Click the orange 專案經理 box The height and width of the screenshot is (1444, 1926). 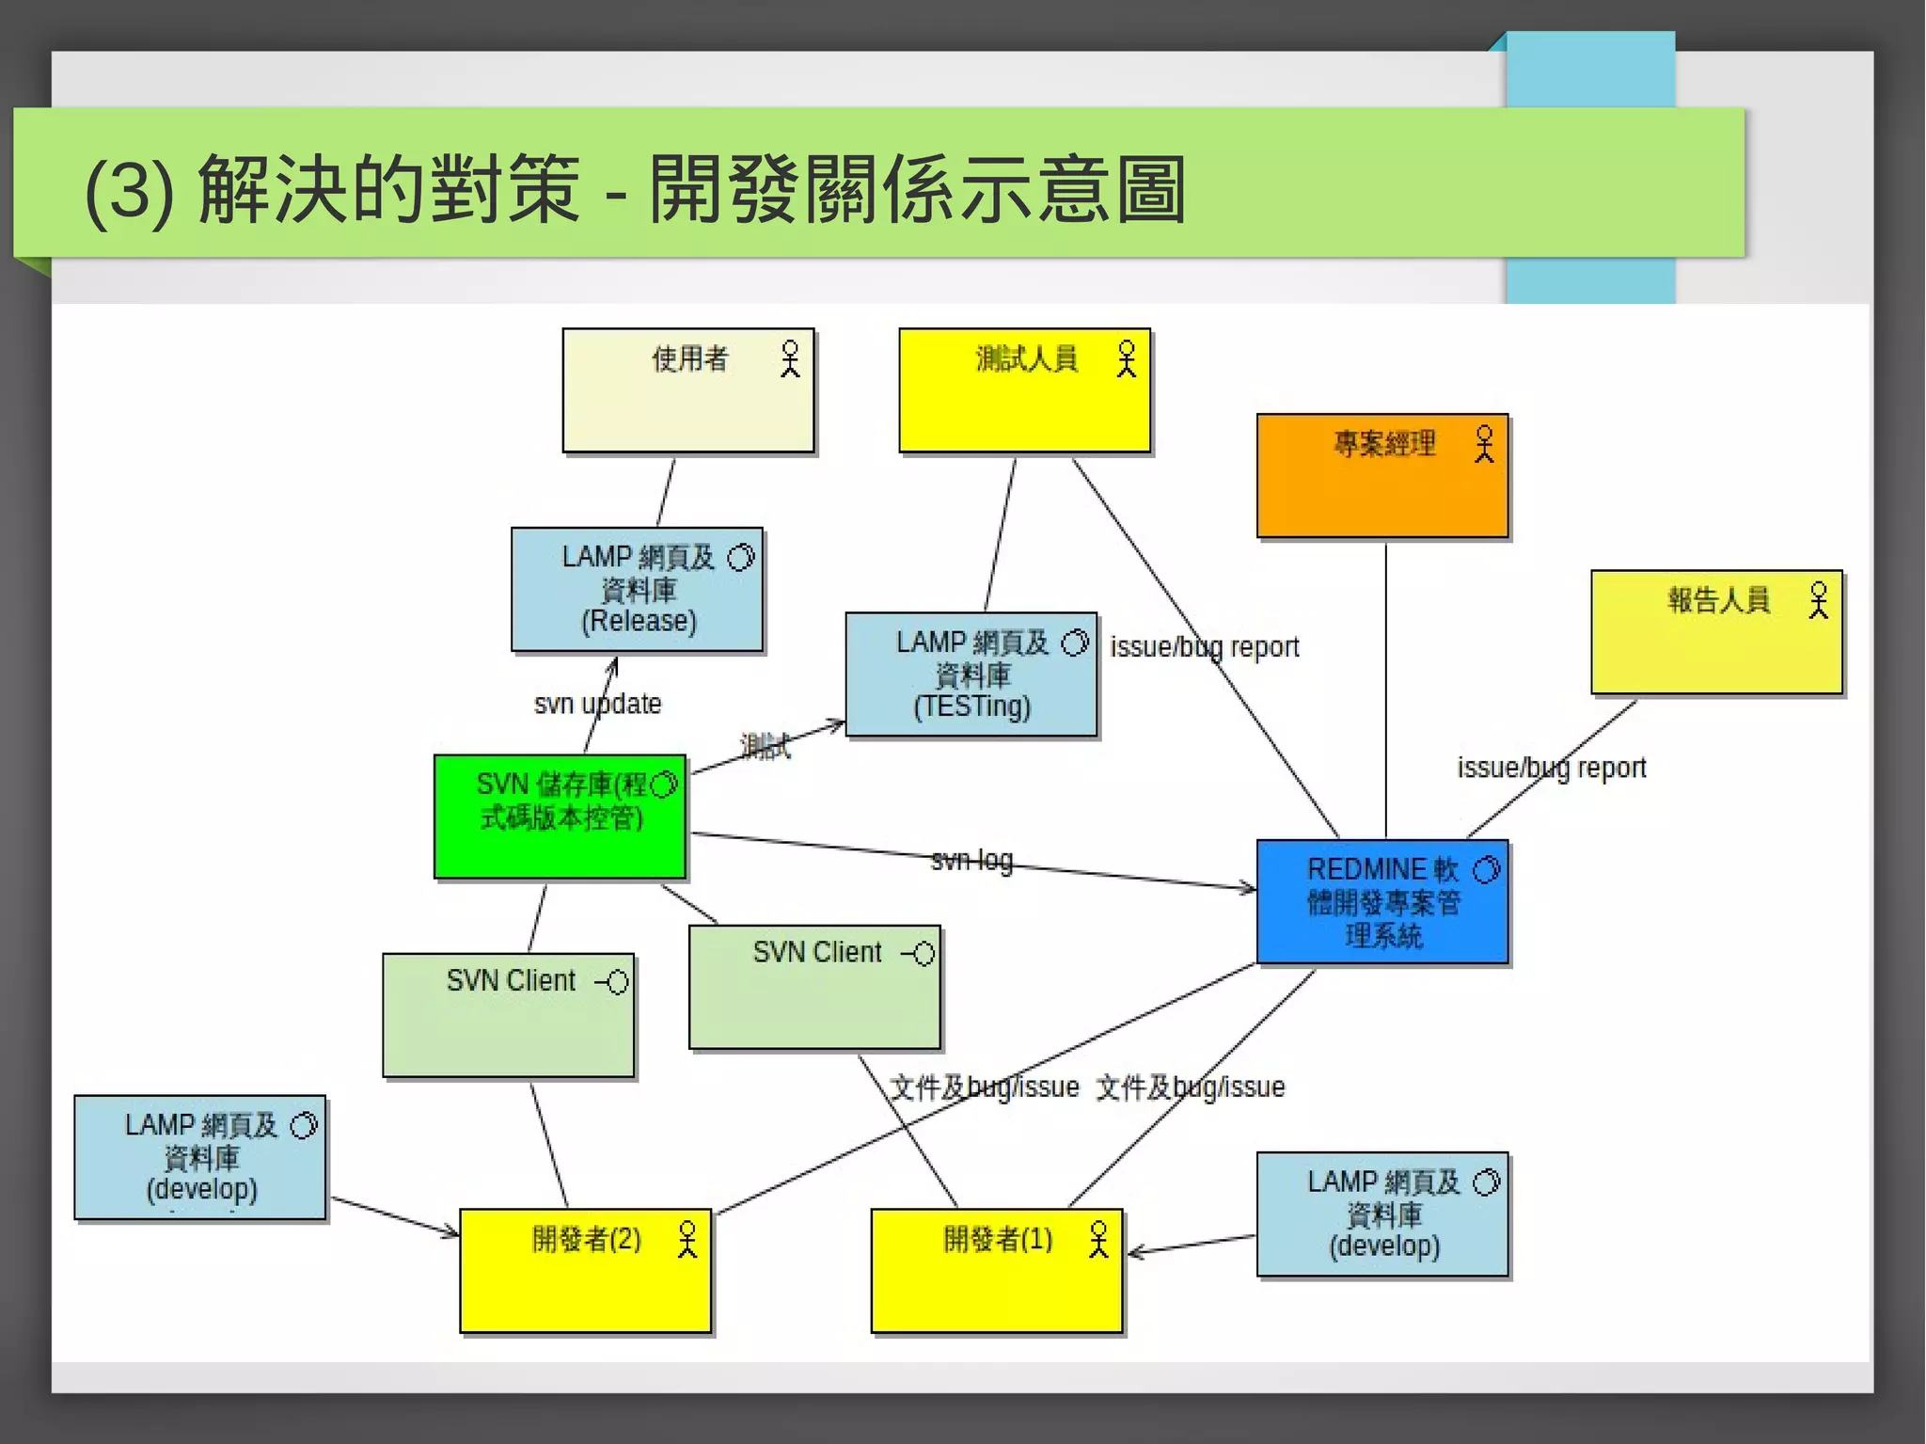tap(1381, 476)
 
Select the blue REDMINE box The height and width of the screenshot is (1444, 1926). tap(1381, 901)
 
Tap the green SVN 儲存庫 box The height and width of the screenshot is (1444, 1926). tap(560, 816)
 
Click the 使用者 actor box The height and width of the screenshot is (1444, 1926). tap(687, 390)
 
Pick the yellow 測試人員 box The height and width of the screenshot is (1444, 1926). tap(1024, 390)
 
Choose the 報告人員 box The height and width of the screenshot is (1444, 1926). tap(1716, 632)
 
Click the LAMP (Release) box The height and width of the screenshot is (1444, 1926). tap(637, 589)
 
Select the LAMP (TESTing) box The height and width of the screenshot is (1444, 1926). tap(971, 674)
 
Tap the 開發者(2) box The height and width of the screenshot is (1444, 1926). tap(585, 1270)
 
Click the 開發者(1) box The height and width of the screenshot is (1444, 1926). tap(997, 1270)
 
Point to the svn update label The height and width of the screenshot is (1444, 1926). tap(597, 704)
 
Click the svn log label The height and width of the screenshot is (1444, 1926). tap(971, 860)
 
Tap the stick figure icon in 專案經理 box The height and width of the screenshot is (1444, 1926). tap(1484, 444)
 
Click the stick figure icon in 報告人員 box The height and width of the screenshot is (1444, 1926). tap(1819, 600)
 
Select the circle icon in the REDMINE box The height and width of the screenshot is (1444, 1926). tap(1487, 870)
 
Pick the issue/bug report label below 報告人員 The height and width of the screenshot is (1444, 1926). tap(1552, 768)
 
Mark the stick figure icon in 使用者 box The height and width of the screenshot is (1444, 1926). tap(790, 358)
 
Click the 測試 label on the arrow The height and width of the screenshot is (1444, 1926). tap(766, 747)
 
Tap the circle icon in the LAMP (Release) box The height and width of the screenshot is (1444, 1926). tap(741, 558)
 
